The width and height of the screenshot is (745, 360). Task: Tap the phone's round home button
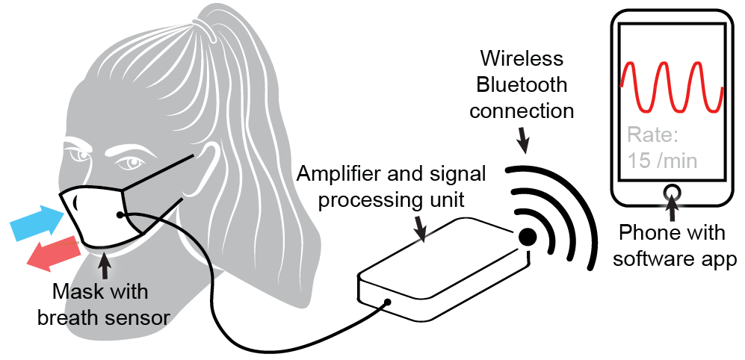coord(670,192)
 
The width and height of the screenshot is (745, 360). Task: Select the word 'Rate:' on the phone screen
coord(653,136)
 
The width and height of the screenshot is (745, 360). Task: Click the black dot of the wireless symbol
coord(528,237)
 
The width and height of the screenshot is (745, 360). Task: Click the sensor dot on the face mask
coord(120,215)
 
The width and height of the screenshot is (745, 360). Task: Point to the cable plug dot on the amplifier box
coord(388,303)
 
